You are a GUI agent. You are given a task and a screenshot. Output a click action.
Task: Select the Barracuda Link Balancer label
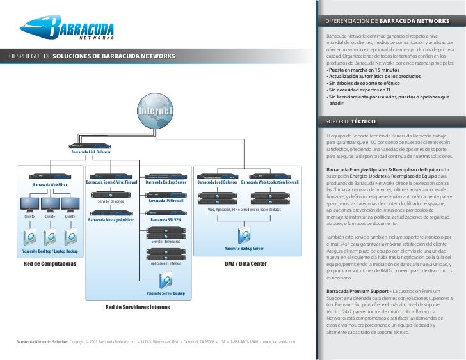click(91, 152)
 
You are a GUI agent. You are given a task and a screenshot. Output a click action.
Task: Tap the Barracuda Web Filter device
click(49, 174)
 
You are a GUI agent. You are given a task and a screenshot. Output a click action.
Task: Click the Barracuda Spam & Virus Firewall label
click(112, 182)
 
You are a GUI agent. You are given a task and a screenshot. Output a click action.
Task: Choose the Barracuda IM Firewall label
click(165, 201)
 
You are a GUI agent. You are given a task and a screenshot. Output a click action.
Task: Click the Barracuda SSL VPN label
click(165, 220)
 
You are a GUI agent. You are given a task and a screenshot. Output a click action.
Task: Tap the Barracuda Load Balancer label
click(218, 182)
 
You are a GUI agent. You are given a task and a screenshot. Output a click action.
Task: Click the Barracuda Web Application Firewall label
click(270, 182)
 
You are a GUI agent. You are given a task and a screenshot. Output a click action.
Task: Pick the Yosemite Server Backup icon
click(165, 279)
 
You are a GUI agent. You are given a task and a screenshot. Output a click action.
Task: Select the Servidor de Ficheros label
click(165, 242)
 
